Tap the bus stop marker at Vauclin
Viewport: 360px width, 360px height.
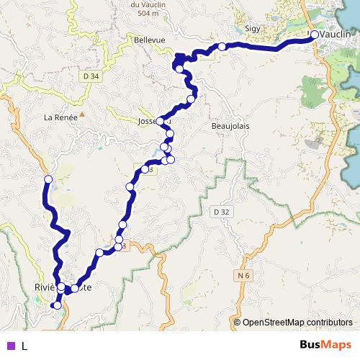pos(314,34)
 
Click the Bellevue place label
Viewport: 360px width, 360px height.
pos(149,40)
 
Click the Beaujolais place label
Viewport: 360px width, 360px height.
pos(230,126)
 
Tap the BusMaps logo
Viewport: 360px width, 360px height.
pos(326,345)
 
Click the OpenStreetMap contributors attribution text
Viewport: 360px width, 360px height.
pos(297,322)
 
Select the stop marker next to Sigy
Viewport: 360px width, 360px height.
pos(222,46)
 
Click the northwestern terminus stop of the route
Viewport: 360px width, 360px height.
pos(48,179)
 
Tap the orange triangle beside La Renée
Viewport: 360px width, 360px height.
pos(82,114)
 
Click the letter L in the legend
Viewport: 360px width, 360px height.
pos(24,346)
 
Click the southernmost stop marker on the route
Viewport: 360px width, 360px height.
pos(56,306)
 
